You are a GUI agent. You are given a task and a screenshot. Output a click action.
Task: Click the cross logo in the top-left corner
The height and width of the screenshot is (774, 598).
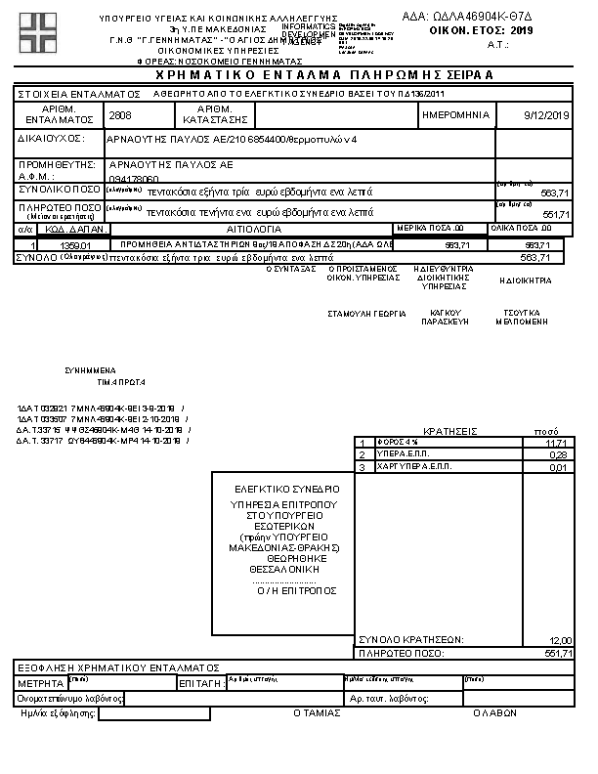(x=37, y=32)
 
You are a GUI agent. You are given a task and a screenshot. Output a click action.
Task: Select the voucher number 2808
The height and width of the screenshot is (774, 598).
(x=121, y=114)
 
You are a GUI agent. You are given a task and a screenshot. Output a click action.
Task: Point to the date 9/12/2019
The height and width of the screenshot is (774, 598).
(x=547, y=115)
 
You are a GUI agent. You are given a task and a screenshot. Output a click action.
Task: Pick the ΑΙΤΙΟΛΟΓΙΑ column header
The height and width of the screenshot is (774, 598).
(x=253, y=228)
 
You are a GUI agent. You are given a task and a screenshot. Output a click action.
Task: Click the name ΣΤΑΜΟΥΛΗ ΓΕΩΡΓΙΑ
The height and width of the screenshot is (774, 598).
(x=367, y=315)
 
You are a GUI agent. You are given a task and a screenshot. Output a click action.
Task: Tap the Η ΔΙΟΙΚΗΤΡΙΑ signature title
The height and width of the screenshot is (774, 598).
(x=525, y=280)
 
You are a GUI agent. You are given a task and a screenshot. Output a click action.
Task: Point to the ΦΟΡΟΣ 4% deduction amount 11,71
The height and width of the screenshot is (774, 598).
(x=559, y=443)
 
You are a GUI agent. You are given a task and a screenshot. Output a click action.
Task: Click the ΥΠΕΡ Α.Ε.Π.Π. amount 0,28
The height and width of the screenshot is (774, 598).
(x=560, y=454)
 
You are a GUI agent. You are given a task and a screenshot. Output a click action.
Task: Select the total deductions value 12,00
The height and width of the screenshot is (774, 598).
(x=559, y=639)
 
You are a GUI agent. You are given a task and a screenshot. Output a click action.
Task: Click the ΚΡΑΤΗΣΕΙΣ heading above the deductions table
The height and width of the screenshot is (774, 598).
(x=448, y=431)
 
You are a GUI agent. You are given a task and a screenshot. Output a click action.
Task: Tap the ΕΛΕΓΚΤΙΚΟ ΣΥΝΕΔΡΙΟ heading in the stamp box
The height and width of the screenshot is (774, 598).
(x=286, y=488)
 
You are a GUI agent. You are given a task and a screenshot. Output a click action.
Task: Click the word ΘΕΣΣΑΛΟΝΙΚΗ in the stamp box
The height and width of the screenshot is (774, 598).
(x=282, y=567)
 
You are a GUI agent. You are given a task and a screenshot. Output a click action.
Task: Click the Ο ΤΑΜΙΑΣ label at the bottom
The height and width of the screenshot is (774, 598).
(x=317, y=713)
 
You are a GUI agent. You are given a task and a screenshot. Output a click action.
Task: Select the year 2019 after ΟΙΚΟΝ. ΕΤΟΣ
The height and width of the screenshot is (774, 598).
(x=524, y=31)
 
